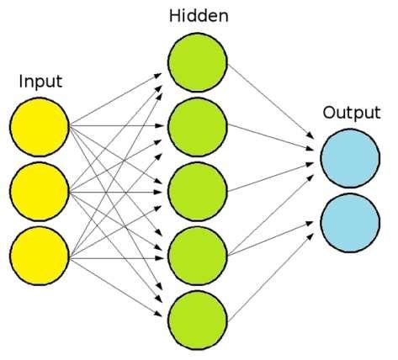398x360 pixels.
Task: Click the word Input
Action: click(x=40, y=82)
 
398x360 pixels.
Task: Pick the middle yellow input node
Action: click(x=40, y=191)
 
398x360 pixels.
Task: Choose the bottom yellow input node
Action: click(x=40, y=257)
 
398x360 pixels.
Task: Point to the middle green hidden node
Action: click(x=198, y=191)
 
